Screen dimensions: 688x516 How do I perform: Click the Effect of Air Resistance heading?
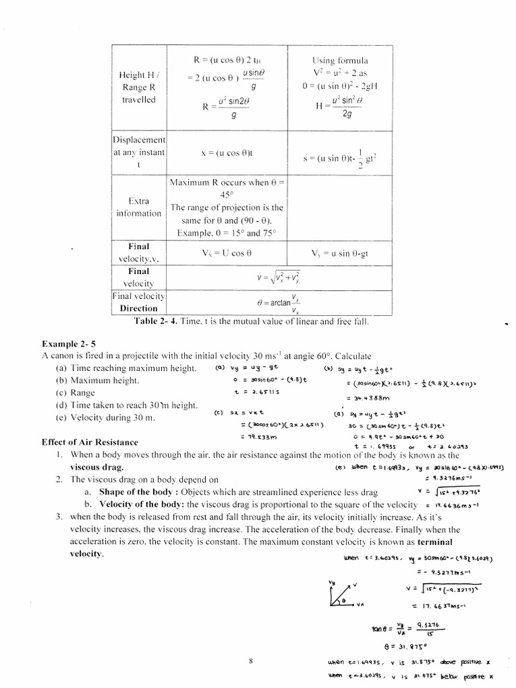pyautogui.click(x=90, y=442)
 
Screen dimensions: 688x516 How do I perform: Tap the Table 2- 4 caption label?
pyautogui.click(x=157, y=320)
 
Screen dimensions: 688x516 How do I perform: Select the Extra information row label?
pyautogui.click(x=138, y=207)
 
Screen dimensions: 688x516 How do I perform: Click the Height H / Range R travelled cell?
pyautogui.click(x=138, y=87)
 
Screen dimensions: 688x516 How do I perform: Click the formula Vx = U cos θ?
pyautogui.click(x=226, y=253)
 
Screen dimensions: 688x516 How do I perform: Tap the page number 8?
pyautogui.click(x=250, y=661)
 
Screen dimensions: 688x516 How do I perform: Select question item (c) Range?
pyautogui.click(x=73, y=392)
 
